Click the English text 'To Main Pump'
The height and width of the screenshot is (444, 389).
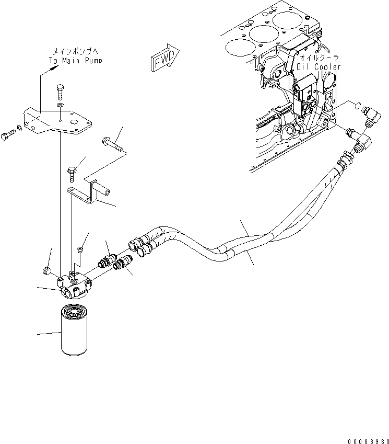tap(76, 60)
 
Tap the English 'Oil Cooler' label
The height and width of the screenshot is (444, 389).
tap(318, 66)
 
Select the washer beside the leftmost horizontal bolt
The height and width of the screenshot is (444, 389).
tap(20, 128)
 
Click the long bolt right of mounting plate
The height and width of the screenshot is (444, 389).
tap(112, 142)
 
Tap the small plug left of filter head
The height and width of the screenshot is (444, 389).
tap(45, 271)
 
